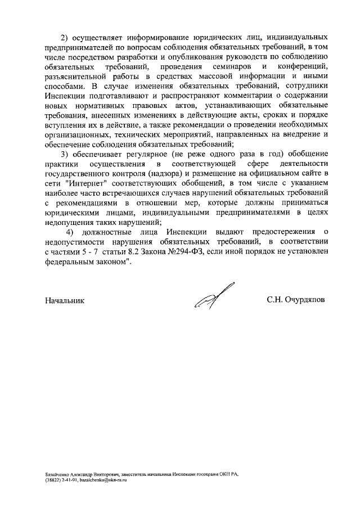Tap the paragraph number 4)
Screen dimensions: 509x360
pos(70,232)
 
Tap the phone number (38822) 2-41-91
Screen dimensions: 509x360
pos(61,481)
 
